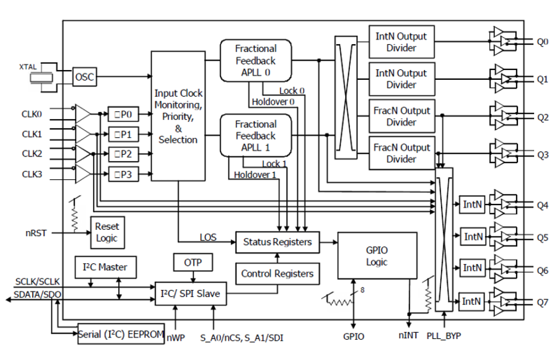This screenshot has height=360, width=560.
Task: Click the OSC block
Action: [x=85, y=77]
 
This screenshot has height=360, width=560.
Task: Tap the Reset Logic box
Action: [x=107, y=232]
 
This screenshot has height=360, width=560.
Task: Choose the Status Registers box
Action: [x=277, y=242]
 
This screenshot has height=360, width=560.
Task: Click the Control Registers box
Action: [x=277, y=273]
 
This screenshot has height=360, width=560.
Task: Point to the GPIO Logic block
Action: [x=377, y=256]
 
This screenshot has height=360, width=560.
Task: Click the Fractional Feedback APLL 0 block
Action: [x=255, y=60]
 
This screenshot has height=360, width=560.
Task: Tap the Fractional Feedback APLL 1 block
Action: [x=255, y=136]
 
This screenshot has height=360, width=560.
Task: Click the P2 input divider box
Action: [x=124, y=154]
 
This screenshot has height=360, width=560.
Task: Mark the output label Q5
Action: [x=542, y=238]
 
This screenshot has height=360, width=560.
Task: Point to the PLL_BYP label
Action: [x=444, y=336]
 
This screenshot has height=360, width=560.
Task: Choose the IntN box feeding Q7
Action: [x=472, y=302]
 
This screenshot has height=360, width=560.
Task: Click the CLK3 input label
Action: [x=32, y=174]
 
